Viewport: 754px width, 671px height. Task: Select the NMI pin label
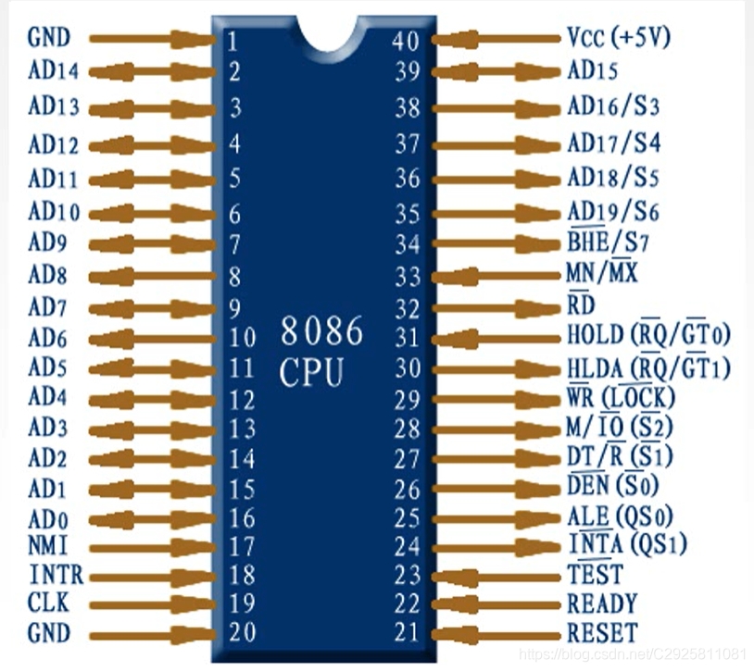tap(47, 545)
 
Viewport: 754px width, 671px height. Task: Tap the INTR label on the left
tap(56, 575)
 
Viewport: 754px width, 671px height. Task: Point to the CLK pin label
tap(49, 603)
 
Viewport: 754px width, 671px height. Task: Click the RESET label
tap(602, 633)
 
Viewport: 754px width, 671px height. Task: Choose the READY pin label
tap(602, 603)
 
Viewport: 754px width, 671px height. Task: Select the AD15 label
tap(592, 70)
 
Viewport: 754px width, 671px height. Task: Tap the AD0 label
tap(48, 517)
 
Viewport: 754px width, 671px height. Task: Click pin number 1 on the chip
tap(231, 40)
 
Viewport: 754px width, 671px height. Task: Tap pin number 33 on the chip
tap(408, 276)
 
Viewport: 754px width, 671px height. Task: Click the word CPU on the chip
tap(312, 374)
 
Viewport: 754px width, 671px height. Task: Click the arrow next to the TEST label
tap(496, 576)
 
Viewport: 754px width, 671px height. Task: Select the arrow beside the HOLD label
tap(496, 338)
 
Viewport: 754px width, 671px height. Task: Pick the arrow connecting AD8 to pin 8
tap(153, 276)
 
